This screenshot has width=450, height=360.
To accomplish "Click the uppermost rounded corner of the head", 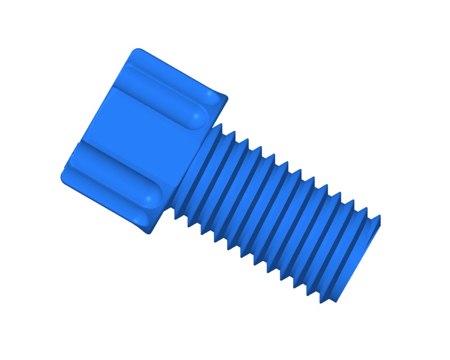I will [x=136, y=51].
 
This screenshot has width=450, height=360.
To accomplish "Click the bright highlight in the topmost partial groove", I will [x=211, y=95].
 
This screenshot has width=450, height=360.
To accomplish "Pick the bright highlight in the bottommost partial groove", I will [x=137, y=219].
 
